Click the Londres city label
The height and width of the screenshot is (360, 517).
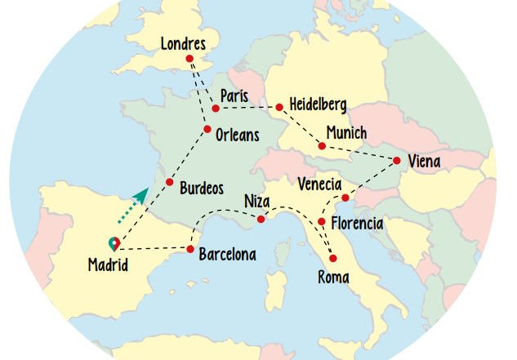[x=183, y=43]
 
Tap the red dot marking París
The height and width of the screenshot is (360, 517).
[x=216, y=108]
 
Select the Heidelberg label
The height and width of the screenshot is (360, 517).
[x=319, y=104]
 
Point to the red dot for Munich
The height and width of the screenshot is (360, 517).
[x=322, y=146]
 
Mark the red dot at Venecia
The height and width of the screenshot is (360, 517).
[x=345, y=198]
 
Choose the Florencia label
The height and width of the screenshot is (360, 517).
[x=356, y=222]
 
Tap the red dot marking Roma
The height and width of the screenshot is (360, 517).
[x=333, y=258]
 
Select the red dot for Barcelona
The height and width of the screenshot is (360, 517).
[x=190, y=249]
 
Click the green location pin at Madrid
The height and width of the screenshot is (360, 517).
[x=114, y=243]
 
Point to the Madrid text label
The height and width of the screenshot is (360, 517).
[x=108, y=265]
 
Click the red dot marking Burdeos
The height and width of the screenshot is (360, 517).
[x=170, y=182]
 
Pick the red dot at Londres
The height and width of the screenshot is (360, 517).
[x=189, y=59]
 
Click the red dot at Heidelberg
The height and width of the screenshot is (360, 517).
[x=279, y=107]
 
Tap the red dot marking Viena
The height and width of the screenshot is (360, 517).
[x=397, y=160]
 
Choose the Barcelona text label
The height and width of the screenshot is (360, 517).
[x=227, y=255]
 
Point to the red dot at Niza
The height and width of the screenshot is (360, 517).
[x=261, y=219]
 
